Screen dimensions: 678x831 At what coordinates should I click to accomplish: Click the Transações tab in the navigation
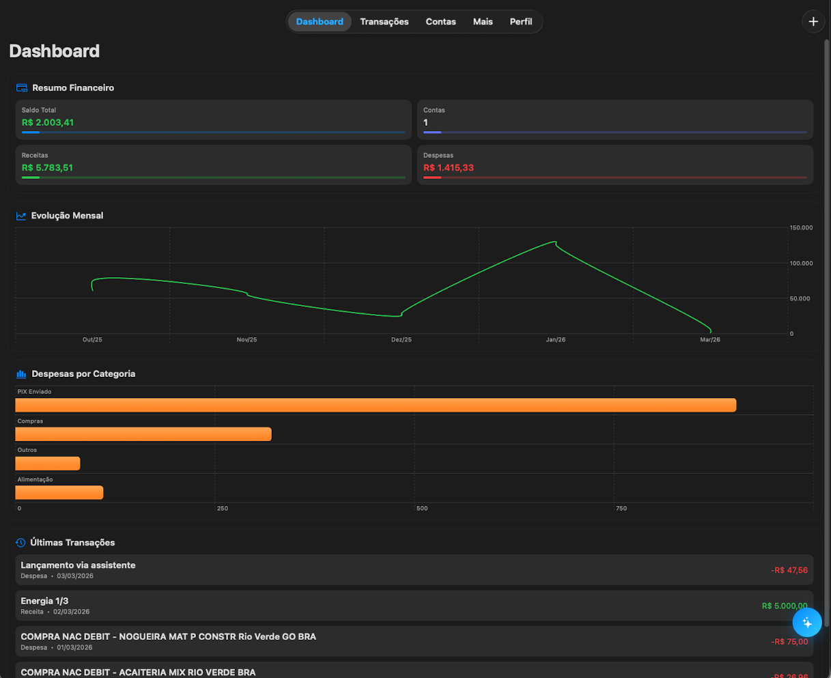pyautogui.click(x=384, y=22)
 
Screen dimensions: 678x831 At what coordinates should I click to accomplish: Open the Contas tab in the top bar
pyautogui.click(x=440, y=22)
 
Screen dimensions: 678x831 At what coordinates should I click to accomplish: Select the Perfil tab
pyautogui.click(x=521, y=22)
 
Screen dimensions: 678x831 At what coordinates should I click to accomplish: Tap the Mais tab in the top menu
pyautogui.click(x=483, y=22)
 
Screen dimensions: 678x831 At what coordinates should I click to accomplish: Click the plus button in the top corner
pyautogui.click(x=813, y=22)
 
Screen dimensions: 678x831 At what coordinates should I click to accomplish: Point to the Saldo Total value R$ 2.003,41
pyautogui.click(x=48, y=122)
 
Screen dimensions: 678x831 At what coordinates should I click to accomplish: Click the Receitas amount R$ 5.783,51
pyautogui.click(x=47, y=167)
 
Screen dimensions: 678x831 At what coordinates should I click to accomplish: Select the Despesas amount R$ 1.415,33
pyautogui.click(x=449, y=167)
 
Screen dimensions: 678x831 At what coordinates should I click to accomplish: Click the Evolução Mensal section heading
pyautogui.click(x=67, y=216)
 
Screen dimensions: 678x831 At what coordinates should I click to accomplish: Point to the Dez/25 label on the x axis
pyautogui.click(x=402, y=339)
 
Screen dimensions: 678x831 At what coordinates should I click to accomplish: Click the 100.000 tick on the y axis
pyautogui.click(x=801, y=263)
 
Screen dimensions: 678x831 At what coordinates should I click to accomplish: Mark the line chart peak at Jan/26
pyautogui.click(x=555, y=242)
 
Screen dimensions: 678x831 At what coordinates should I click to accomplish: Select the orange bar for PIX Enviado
pyautogui.click(x=376, y=405)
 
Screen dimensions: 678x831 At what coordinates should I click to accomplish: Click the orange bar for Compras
pyautogui.click(x=143, y=434)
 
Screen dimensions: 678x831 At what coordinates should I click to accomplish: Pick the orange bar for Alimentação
pyautogui.click(x=59, y=492)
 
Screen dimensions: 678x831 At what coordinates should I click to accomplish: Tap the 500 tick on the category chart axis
pyautogui.click(x=422, y=509)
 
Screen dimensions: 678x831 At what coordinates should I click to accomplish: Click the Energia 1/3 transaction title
pyautogui.click(x=44, y=601)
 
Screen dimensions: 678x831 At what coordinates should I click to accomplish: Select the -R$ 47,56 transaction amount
pyautogui.click(x=789, y=570)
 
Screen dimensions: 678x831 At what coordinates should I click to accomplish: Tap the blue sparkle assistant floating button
pyautogui.click(x=807, y=623)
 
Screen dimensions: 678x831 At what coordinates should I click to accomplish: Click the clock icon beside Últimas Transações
pyautogui.click(x=20, y=543)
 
